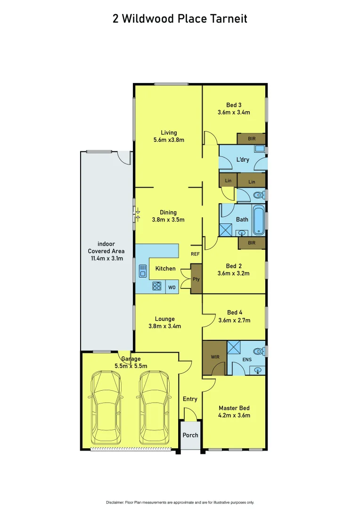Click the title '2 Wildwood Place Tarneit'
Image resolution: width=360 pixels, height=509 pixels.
click(180, 19)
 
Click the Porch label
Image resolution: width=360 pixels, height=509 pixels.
click(190, 435)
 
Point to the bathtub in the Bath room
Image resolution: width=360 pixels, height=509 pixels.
click(259, 220)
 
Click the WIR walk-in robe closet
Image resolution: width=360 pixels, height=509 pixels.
click(214, 358)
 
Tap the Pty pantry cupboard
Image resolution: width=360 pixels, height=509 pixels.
click(196, 279)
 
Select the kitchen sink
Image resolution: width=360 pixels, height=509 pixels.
click(143, 271)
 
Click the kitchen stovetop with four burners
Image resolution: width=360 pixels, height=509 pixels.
click(157, 286)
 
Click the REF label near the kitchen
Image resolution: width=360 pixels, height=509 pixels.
click(196, 254)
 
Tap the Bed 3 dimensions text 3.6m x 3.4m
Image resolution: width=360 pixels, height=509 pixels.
click(234, 113)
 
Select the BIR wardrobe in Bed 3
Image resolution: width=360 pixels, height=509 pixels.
click(252, 139)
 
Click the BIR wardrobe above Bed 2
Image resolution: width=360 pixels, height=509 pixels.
click(252, 243)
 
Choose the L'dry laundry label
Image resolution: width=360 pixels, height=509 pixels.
click(243, 160)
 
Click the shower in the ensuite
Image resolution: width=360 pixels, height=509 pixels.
click(234, 347)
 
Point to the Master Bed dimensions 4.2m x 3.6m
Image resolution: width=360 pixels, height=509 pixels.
click(234, 415)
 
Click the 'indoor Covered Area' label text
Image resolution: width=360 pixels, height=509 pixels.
click(106, 251)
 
